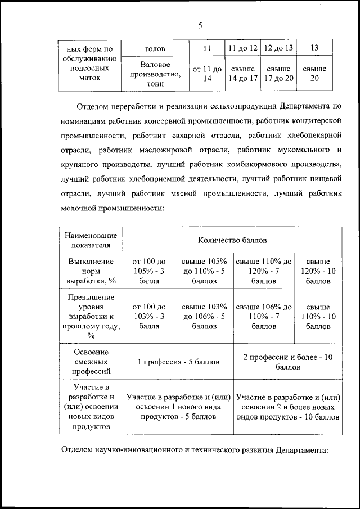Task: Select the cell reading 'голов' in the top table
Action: click(x=155, y=48)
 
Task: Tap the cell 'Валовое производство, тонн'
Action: click(x=155, y=74)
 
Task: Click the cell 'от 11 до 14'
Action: click(x=207, y=74)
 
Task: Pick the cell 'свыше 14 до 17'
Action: click(x=242, y=74)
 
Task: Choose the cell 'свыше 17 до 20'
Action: click(x=278, y=74)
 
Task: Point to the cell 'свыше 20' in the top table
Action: click(x=314, y=74)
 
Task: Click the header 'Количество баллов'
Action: click(x=232, y=240)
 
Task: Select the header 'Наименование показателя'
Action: click(x=91, y=240)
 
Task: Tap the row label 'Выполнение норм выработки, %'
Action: click(x=91, y=271)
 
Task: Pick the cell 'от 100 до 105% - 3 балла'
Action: click(x=149, y=271)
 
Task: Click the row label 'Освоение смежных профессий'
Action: click(x=91, y=362)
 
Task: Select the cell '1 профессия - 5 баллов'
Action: click(x=178, y=362)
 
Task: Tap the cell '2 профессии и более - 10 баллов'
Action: click(x=288, y=362)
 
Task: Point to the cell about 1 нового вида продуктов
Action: click(x=178, y=407)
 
